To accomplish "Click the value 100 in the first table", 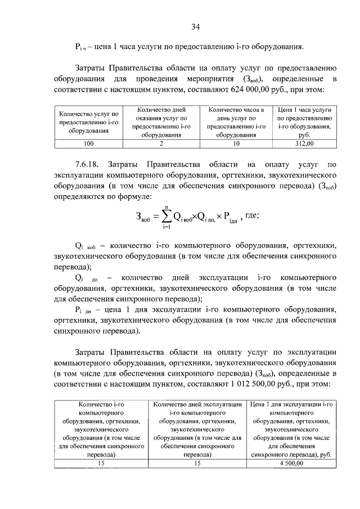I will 89,143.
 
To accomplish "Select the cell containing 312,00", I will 304,143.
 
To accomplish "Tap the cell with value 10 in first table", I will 236,143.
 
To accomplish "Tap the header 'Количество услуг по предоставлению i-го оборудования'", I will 89,122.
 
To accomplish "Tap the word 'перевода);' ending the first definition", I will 73,267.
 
